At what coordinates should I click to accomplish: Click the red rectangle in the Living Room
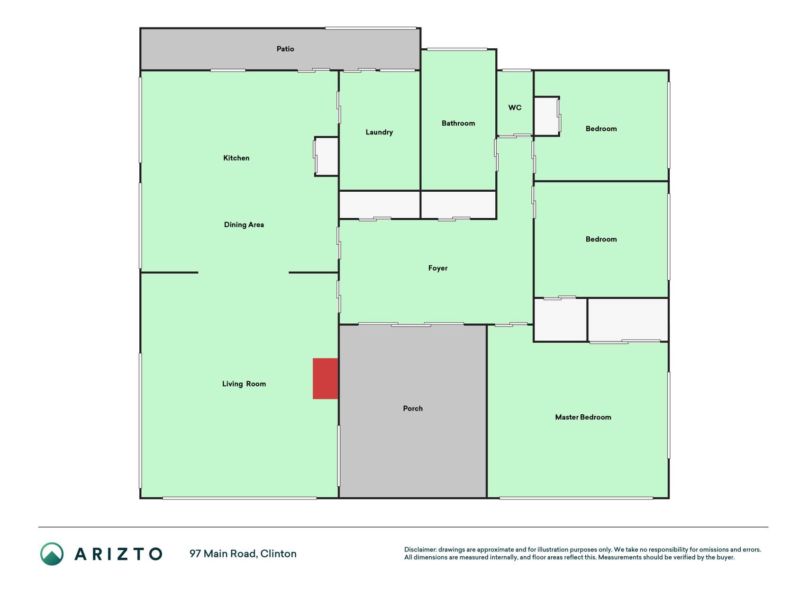325,378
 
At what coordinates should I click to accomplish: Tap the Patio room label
285,49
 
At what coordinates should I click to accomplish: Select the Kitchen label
236,158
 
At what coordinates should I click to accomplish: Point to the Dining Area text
244,224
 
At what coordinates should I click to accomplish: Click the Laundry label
379,132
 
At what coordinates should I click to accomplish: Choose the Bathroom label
458,123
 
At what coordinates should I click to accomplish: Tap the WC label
515,107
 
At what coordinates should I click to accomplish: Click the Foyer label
438,268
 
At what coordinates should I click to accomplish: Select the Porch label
413,408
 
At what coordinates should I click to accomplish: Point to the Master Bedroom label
583,417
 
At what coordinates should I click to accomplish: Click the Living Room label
244,383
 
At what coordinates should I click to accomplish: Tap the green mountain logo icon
52,554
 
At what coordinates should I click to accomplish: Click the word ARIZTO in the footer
118,554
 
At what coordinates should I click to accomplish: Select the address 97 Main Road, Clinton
243,553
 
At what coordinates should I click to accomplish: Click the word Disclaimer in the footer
420,550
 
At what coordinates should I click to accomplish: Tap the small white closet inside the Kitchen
327,157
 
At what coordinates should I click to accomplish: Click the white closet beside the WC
546,116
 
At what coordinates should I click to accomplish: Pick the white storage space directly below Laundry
380,205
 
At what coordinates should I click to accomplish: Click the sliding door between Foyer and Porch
411,324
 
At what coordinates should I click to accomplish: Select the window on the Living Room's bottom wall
239,498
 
